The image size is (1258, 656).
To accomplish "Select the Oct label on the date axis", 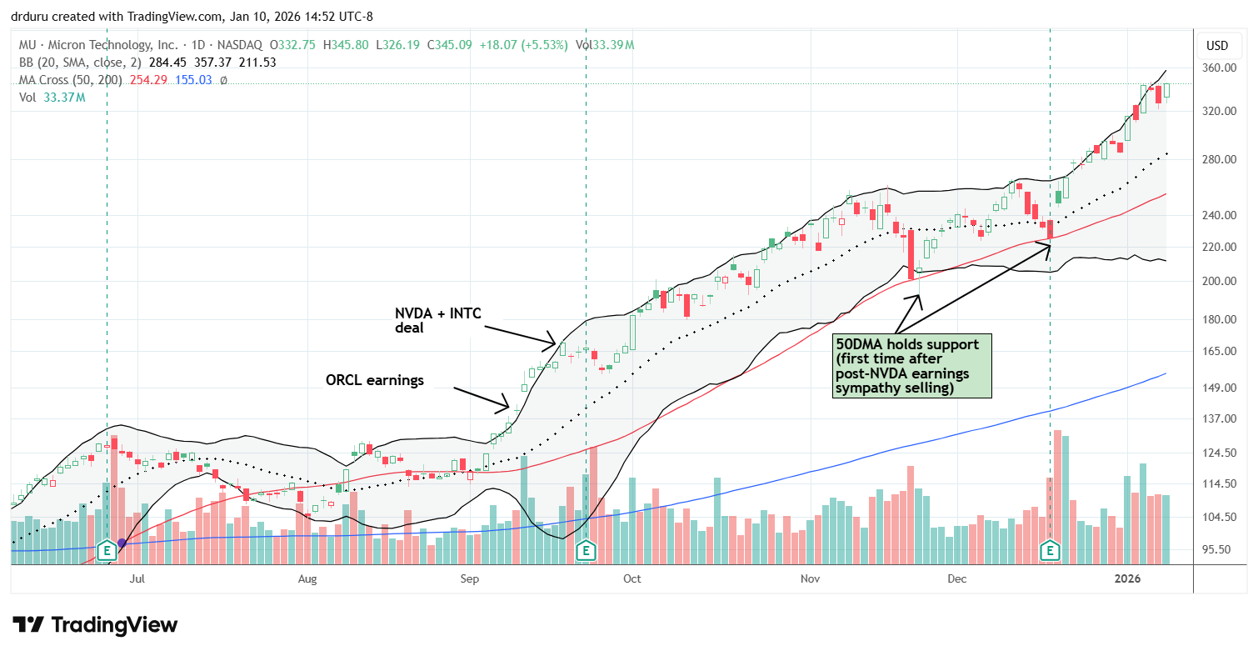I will pyautogui.click(x=631, y=578).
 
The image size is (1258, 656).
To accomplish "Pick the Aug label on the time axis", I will pyautogui.click(x=307, y=578).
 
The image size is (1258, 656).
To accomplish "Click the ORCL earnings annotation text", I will pyautogui.click(x=374, y=380).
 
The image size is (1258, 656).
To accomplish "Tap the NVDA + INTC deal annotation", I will pyautogui.click(x=437, y=321).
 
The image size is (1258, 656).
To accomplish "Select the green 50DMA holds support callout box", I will pyautogui.click(x=913, y=365).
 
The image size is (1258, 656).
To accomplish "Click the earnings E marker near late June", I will pyautogui.click(x=107, y=550).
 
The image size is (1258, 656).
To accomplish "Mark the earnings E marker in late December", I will pyautogui.click(x=1050, y=550).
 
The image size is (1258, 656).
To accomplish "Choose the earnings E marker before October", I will pyautogui.click(x=587, y=550).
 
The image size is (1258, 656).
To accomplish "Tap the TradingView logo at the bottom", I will pyautogui.click(x=95, y=624).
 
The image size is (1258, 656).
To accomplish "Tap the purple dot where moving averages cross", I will pyautogui.click(x=122, y=543).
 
